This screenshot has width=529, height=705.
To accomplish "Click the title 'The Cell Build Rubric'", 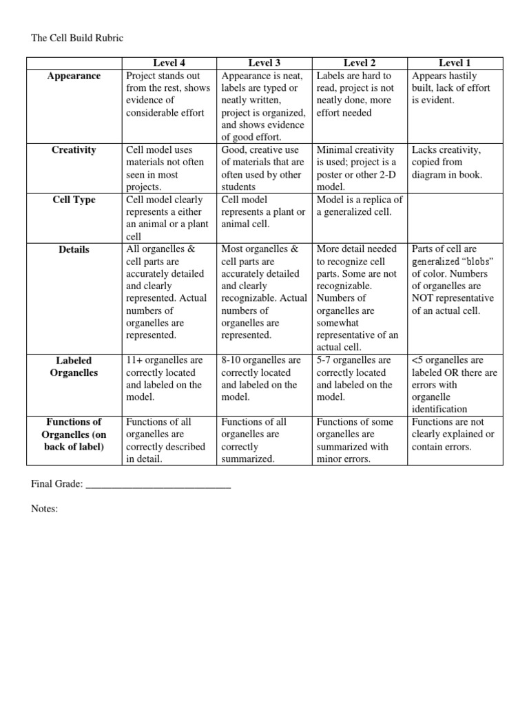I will click(77, 39).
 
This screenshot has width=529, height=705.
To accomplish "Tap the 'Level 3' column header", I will click(265, 63).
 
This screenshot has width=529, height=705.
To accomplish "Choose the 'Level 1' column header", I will click(456, 63).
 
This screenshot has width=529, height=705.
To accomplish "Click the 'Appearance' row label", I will click(74, 76).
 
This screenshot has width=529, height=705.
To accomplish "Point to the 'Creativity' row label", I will click(74, 150).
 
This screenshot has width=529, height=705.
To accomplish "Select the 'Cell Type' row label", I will click(74, 200).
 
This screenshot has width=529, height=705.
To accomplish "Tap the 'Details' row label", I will click(74, 250).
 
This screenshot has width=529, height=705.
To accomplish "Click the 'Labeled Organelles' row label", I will click(74, 366).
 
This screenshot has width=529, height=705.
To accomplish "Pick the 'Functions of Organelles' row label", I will click(74, 434).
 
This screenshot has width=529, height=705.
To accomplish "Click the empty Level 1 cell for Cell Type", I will click(456, 218).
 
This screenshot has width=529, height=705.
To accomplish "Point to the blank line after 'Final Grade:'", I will click(158, 485).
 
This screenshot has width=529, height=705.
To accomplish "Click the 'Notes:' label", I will click(45, 509).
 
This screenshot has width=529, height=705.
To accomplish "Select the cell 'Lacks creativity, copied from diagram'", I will click(447, 162).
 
